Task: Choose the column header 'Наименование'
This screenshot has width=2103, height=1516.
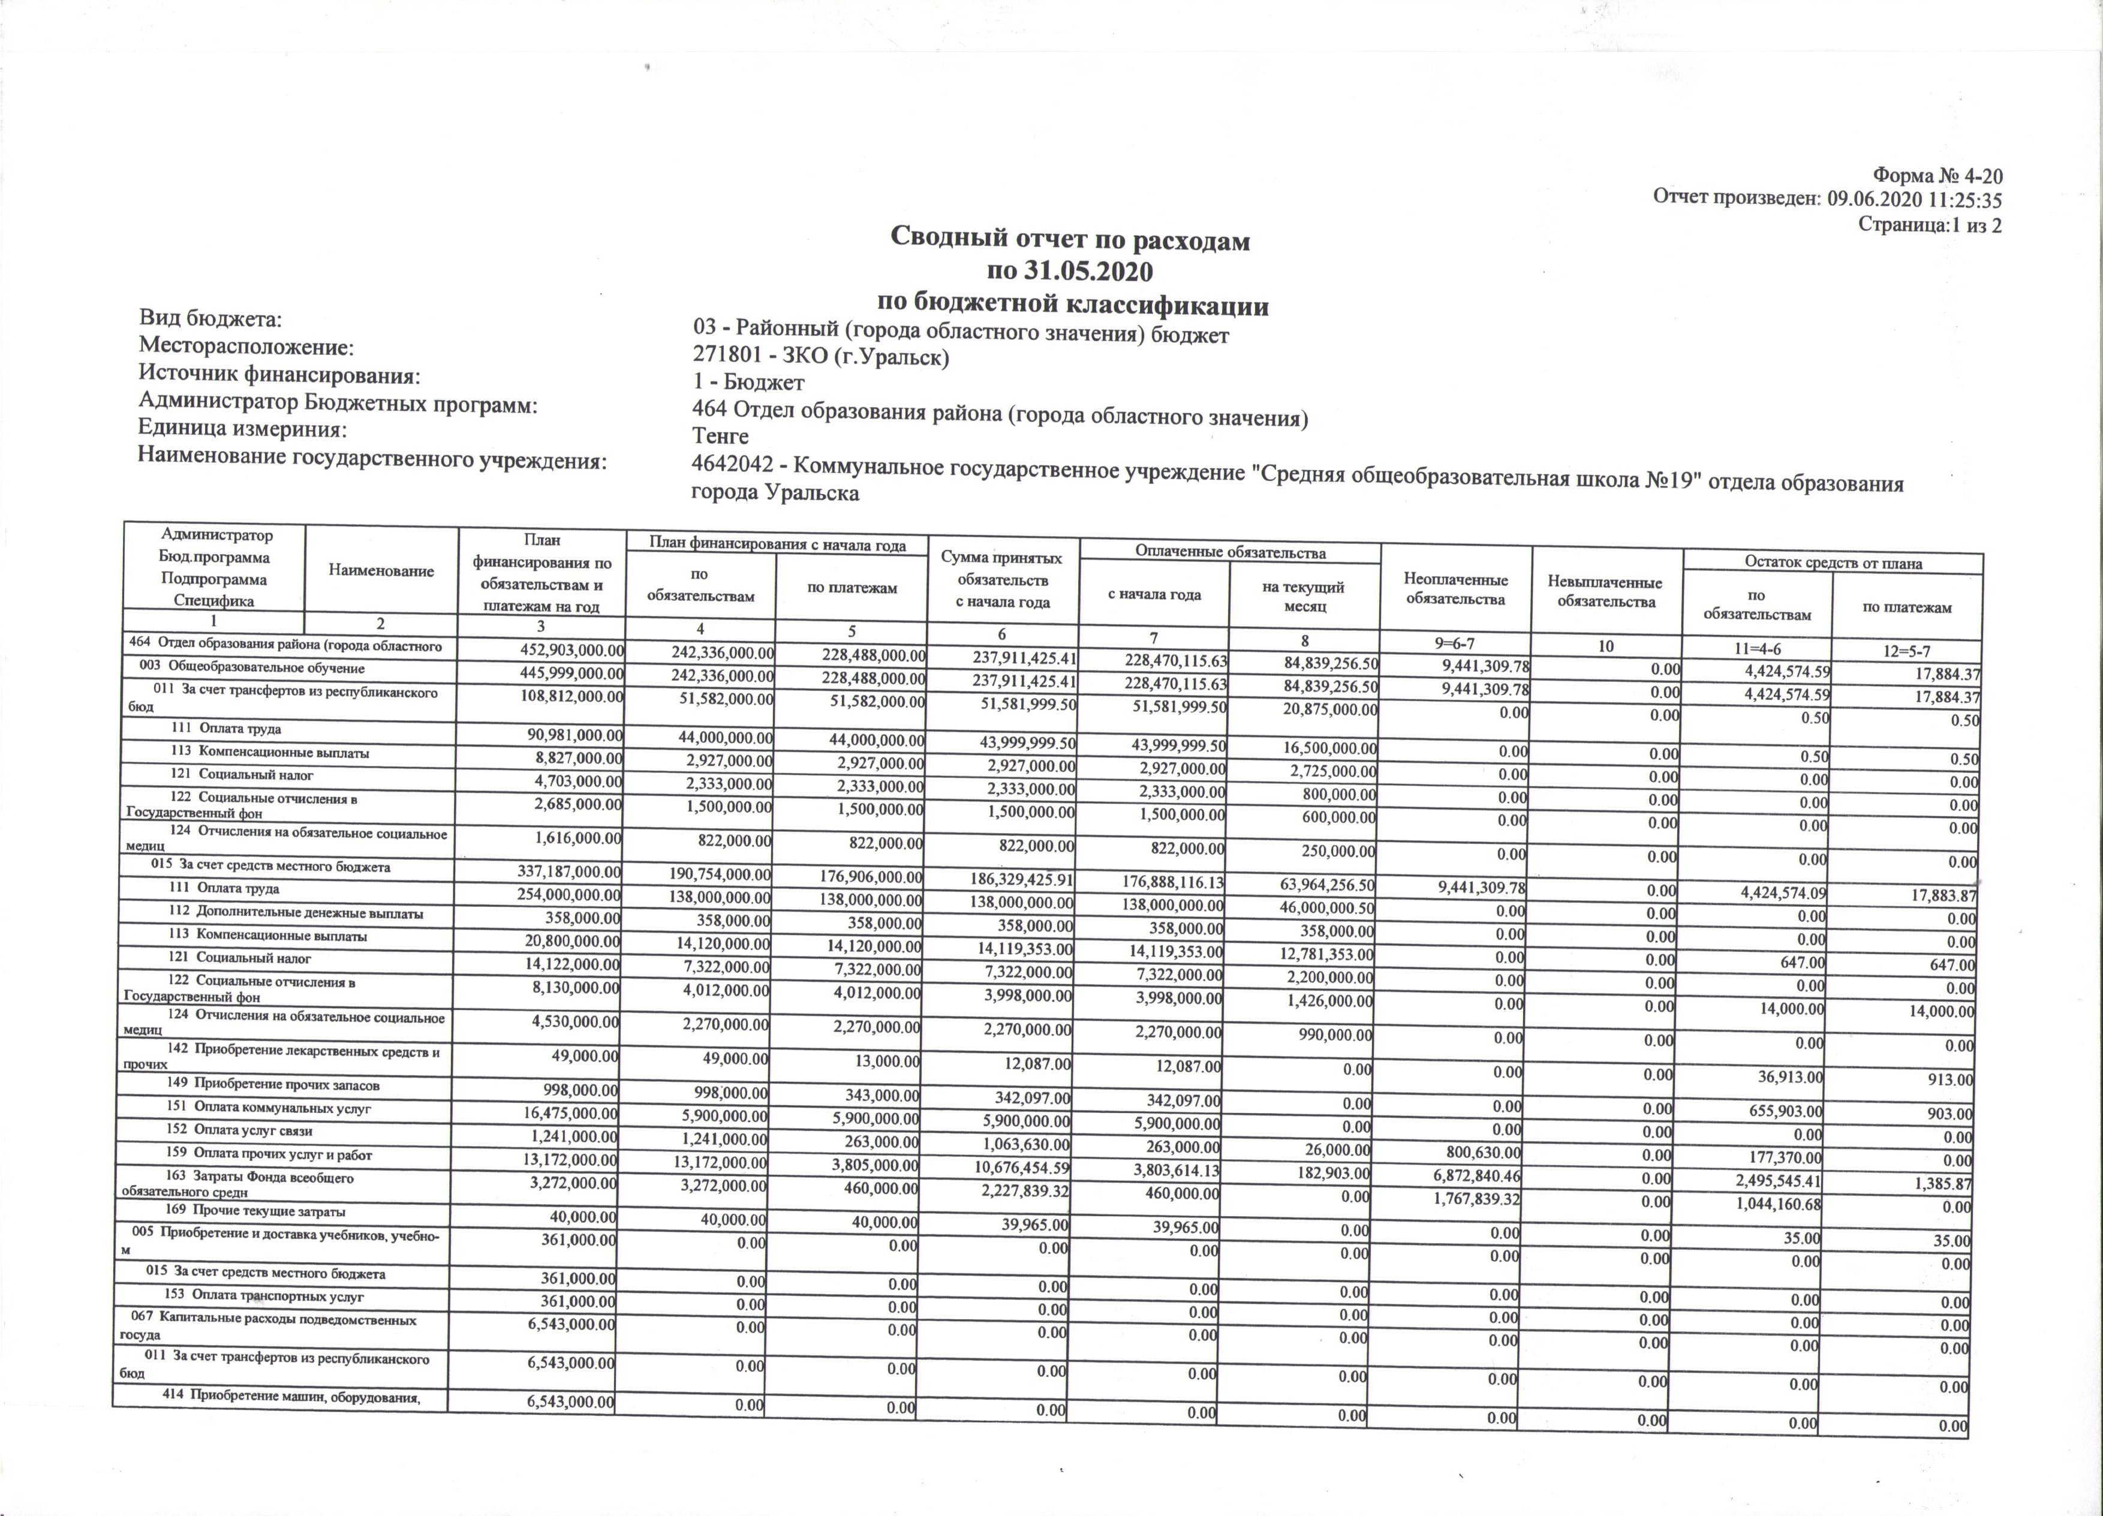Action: tap(381, 570)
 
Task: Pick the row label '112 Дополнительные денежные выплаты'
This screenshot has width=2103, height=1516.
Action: tap(297, 912)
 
